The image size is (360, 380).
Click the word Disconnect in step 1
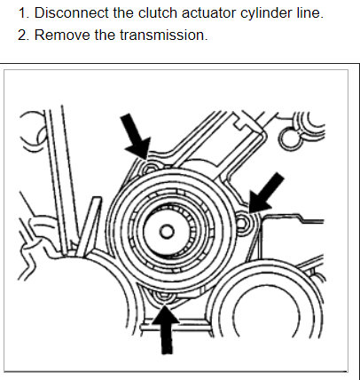click(x=71, y=12)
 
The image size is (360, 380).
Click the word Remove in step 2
click(x=62, y=35)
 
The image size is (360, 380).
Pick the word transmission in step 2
click(x=162, y=35)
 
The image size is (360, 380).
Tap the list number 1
click(x=23, y=12)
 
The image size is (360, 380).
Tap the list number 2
click(x=23, y=35)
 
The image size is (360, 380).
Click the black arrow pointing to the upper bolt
click(x=136, y=137)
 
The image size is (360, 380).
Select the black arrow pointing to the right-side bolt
click(x=266, y=193)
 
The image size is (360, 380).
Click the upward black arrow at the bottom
click(x=166, y=329)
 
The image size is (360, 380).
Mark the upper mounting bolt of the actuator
click(x=149, y=168)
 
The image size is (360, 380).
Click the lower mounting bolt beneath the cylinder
click(x=163, y=297)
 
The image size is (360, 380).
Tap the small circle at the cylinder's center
click(x=167, y=231)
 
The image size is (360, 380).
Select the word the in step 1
click(x=123, y=12)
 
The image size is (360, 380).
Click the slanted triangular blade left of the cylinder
click(x=89, y=224)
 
